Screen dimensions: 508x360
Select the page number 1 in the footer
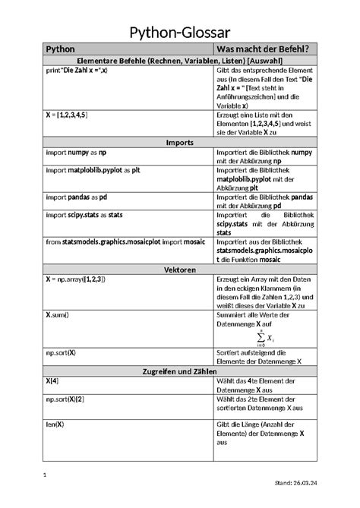click(45, 476)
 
